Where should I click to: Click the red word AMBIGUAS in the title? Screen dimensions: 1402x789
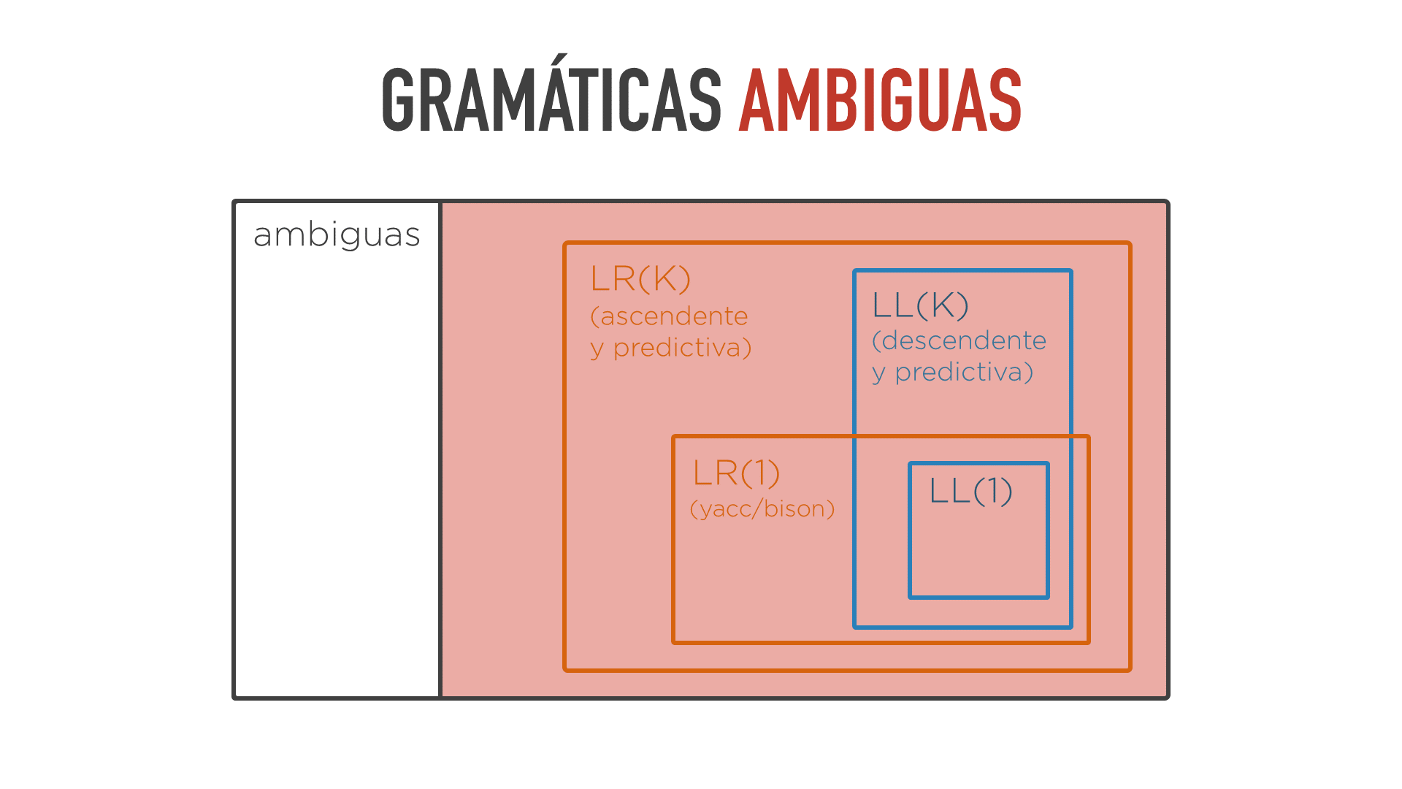coord(881,100)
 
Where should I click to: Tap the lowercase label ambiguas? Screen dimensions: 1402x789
coord(337,235)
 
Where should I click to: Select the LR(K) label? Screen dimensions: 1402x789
coord(640,278)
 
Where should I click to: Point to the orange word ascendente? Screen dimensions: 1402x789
coord(674,316)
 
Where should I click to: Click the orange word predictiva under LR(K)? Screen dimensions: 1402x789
coord(682,348)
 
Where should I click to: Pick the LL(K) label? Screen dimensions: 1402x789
coord(920,305)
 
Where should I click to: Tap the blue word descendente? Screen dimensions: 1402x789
coord(964,340)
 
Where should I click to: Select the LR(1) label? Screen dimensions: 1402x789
coord(736,473)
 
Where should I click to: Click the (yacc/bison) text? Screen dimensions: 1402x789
coord(762,508)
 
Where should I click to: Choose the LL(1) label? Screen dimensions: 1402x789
coord(970,490)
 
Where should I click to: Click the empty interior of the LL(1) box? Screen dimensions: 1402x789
coord(978,552)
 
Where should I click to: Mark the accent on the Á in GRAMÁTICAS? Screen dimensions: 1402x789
coord(559,59)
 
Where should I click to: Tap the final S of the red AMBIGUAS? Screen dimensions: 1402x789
coord(1005,100)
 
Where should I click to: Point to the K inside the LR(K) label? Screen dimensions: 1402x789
coord(664,278)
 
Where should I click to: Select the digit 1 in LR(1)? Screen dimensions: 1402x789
coord(759,473)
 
